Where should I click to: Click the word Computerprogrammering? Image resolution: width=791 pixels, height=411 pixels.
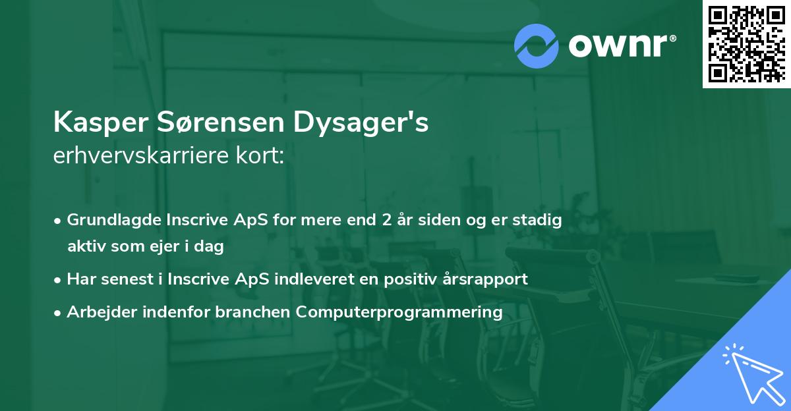click(x=399, y=312)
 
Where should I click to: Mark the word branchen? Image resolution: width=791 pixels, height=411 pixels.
click(x=254, y=312)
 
